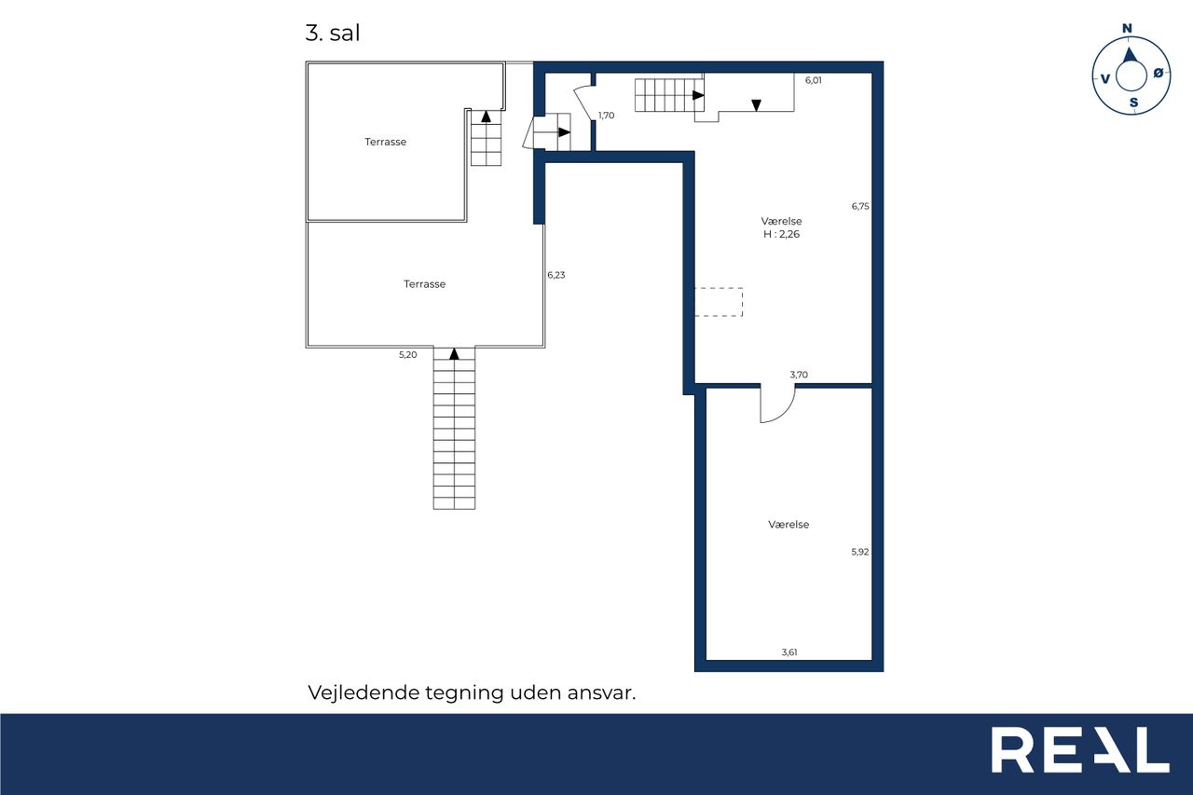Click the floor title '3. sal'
tap(333, 33)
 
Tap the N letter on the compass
tap(1127, 29)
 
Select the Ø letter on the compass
tap(1159, 74)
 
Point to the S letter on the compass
tap(1134, 103)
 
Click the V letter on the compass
tap(1105, 79)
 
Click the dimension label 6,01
tap(814, 80)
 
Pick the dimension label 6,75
tap(860, 206)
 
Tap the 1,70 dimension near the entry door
tap(606, 116)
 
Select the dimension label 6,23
tap(556, 275)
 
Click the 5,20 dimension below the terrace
tap(408, 355)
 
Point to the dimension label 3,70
tap(799, 375)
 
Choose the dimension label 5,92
tap(860, 552)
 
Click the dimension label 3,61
tap(789, 652)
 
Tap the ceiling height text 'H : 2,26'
tap(781, 234)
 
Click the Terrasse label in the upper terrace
tap(386, 143)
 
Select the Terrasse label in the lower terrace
tap(424, 284)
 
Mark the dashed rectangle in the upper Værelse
tap(742, 302)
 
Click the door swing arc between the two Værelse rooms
tap(786, 413)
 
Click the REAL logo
tap(1080, 749)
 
